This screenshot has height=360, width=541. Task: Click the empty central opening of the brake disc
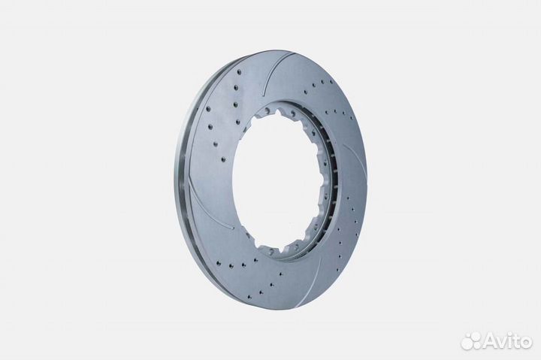(x=276, y=180)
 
